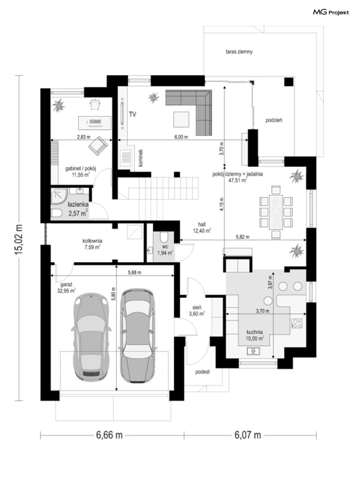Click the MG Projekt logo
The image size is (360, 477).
(x=331, y=12)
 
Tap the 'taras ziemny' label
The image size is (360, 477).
(x=239, y=52)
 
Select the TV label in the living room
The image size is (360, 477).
(x=132, y=114)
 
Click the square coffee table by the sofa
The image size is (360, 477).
(x=181, y=119)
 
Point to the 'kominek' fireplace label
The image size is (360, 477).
(x=141, y=158)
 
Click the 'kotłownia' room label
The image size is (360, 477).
(x=92, y=241)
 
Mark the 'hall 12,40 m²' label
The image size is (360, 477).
(x=202, y=227)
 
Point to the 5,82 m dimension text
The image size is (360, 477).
(x=243, y=237)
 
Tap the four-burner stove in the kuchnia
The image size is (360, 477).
(x=297, y=323)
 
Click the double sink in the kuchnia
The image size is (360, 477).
(x=253, y=351)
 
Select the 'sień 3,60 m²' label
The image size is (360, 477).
(x=197, y=310)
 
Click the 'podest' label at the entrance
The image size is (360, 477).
(x=202, y=372)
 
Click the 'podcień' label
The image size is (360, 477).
(x=274, y=120)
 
